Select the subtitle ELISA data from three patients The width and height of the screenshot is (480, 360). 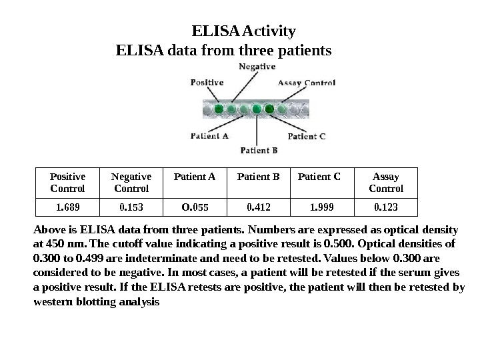(223, 50)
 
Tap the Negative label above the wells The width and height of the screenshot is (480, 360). (257, 67)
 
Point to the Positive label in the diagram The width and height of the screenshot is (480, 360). (207, 83)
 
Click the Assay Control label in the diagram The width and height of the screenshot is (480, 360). (306, 83)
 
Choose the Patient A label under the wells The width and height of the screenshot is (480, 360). (210, 135)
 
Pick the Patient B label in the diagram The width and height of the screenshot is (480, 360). (259, 150)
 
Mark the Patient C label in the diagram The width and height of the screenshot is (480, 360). (307, 137)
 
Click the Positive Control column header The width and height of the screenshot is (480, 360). (68, 183)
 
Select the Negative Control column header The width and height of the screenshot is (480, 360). (131, 183)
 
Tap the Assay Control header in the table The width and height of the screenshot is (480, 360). (385, 183)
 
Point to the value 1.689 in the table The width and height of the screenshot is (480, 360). (68, 207)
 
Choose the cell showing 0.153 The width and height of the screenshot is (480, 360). (131, 207)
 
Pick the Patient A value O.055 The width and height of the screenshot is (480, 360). (194, 207)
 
